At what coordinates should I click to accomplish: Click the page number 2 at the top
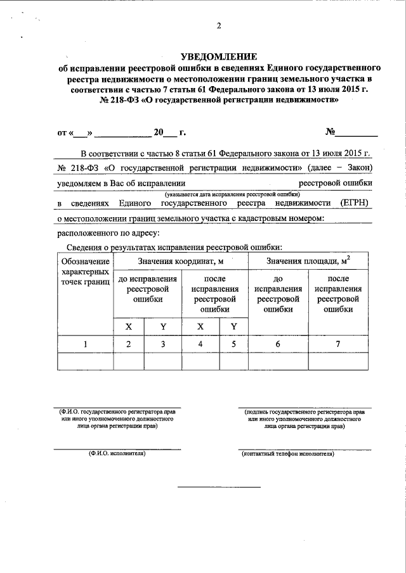click(x=218, y=26)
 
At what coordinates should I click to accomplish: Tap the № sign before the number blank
click(x=330, y=132)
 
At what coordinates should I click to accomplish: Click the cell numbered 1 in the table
click(x=85, y=344)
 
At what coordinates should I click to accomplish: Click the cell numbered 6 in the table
click(x=278, y=344)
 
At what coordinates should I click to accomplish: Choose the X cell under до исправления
click(x=128, y=326)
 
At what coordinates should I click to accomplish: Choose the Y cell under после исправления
click(x=233, y=326)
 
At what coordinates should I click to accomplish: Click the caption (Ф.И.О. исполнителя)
click(x=117, y=454)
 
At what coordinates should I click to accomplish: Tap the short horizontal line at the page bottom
click(x=218, y=487)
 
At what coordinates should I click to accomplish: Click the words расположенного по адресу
click(x=100, y=234)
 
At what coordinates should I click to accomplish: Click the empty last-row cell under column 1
click(x=85, y=361)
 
